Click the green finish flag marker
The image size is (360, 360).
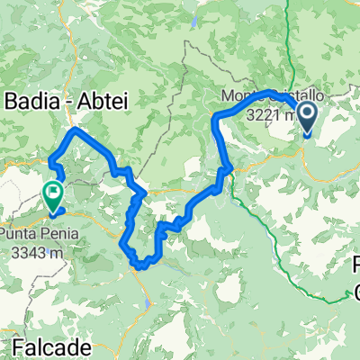click(53, 194)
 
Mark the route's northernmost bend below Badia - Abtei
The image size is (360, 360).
click(76, 130)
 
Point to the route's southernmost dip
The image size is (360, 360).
click(139, 265)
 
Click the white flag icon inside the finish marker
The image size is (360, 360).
click(53, 190)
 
